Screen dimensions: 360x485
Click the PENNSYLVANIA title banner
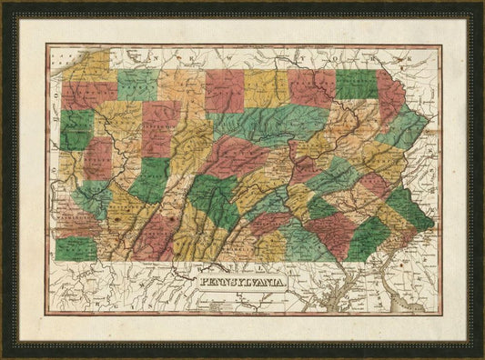[240, 283]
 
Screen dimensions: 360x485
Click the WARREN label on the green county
[137, 85]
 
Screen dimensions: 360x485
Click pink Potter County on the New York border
[224, 90]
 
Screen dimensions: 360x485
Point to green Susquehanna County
[357, 84]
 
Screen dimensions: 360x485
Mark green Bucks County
[409, 208]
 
